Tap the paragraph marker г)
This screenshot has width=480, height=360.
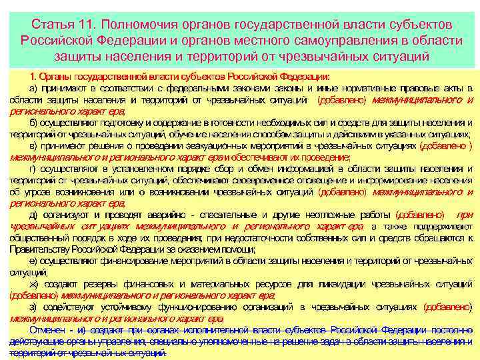[x=33, y=169]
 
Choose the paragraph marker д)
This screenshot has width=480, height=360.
[x=33, y=215]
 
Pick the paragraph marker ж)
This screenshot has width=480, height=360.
[x=34, y=284]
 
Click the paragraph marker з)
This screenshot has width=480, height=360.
[x=33, y=307]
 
